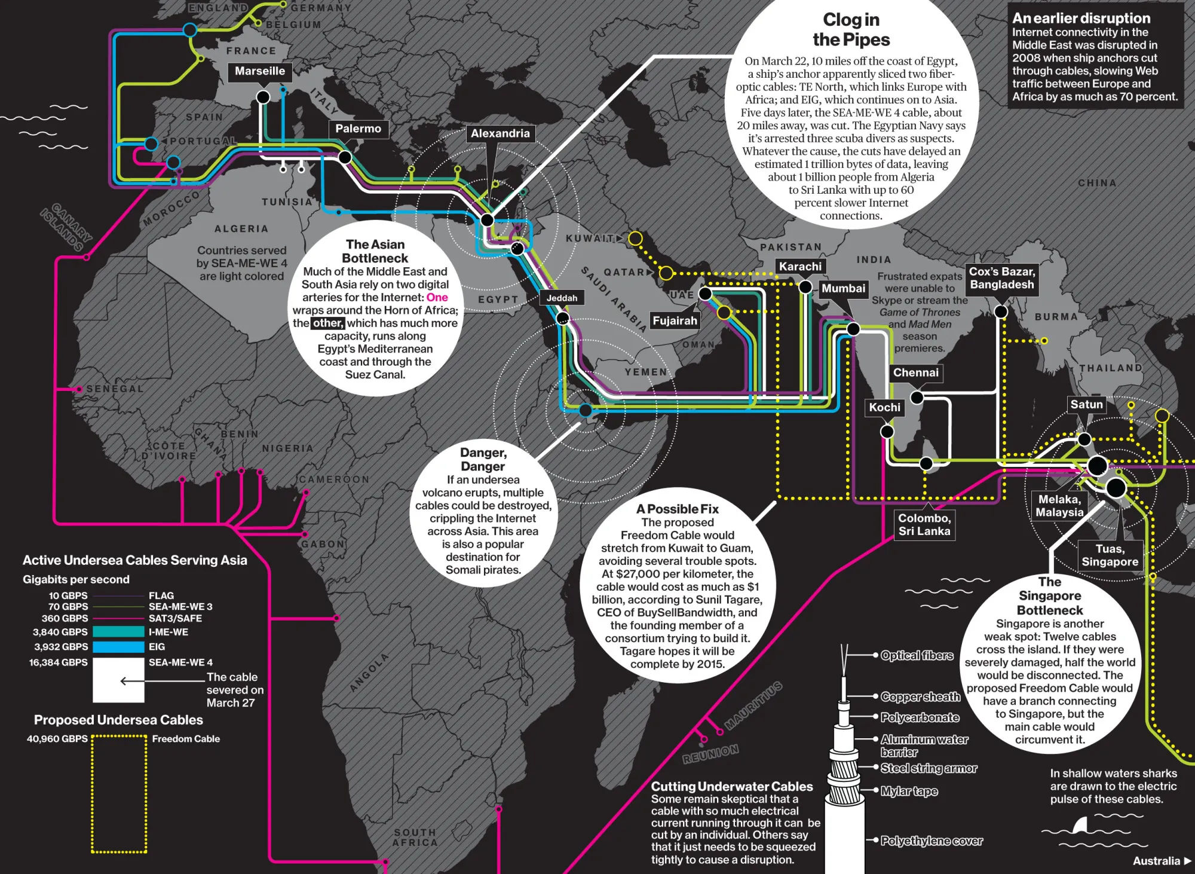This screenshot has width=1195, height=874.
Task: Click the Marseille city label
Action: (259, 71)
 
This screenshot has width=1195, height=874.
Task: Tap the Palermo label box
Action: (358, 129)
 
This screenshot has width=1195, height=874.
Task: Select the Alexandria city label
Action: (500, 133)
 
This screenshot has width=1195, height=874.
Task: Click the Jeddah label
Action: (562, 298)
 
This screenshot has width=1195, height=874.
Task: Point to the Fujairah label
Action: (675, 320)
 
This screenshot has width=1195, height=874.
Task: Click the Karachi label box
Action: (800, 267)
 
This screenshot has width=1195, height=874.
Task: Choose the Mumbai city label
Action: (843, 289)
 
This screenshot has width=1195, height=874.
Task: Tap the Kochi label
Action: (884, 407)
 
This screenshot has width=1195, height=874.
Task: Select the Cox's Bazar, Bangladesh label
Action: (1001, 278)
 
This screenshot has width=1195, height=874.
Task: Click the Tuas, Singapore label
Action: (1110, 555)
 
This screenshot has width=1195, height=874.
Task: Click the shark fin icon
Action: (1080, 826)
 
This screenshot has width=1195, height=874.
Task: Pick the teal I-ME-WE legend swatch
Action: (118, 632)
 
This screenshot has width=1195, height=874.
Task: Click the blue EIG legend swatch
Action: (118, 647)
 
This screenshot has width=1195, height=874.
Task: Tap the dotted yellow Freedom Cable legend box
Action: (119, 794)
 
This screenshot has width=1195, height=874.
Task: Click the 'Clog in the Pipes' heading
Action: (851, 29)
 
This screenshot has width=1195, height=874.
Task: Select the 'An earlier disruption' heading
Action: (1081, 18)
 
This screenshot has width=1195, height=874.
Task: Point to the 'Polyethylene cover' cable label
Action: (932, 841)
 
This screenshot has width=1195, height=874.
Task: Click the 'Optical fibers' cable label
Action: (917, 656)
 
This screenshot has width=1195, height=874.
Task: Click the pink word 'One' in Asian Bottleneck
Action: (437, 297)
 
